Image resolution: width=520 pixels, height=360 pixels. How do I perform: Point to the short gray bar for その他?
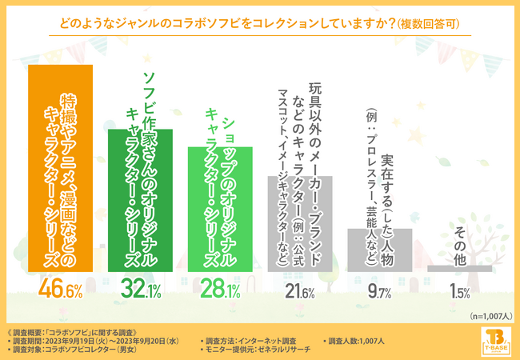(x=459, y=268)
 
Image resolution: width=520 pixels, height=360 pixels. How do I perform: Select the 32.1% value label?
(x=140, y=290)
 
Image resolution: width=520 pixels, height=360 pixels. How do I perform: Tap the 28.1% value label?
(x=219, y=290)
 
